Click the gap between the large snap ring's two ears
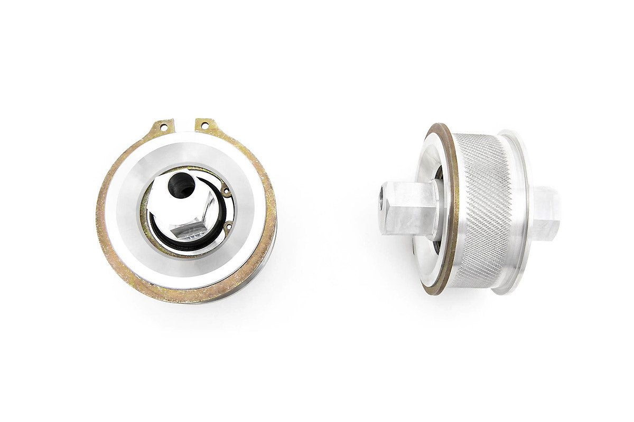click(x=185, y=125)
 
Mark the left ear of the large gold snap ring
click(x=162, y=128)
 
